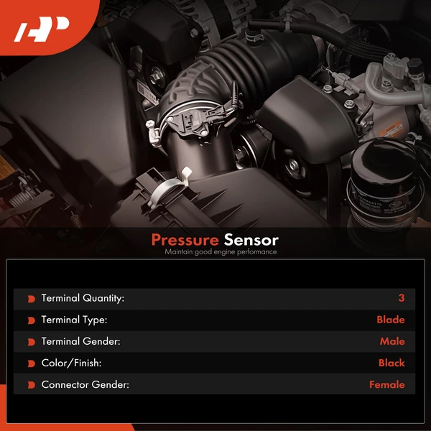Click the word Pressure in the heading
click(184, 240)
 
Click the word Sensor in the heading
click(251, 240)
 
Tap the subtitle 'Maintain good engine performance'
click(220, 252)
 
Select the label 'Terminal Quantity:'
click(83, 298)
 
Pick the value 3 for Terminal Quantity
click(401, 298)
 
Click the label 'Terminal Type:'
click(74, 320)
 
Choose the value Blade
click(390, 320)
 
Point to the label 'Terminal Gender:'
click(80, 341)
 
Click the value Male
click(392, 341)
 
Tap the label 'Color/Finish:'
click(71, 363)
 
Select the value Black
click(391, 363)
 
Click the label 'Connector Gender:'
click(85, 384)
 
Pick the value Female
click(386, 384)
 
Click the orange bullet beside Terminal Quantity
click(30, 298)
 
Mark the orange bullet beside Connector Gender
click(30, 384)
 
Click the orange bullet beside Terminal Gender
click(30, 341)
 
